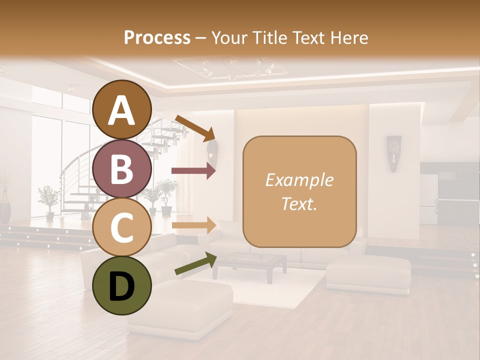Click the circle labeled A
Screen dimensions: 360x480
(122, 109)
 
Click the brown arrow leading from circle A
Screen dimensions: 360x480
(195, 128)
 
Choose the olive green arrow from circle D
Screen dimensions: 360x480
(195, 263)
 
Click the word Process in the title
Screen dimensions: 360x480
(157, 37)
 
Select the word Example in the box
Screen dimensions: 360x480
(299, 180)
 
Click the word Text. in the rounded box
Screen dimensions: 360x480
(299, 203)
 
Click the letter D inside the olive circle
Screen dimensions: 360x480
(122, 286)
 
